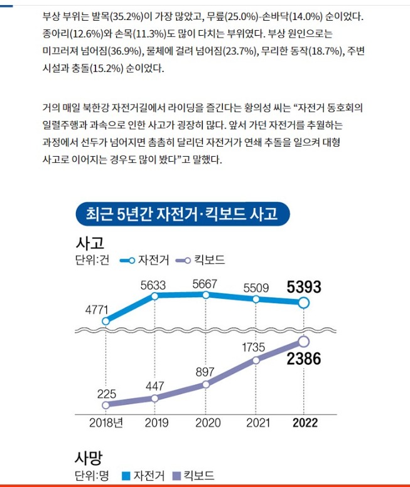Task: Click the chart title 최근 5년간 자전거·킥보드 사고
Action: (x=182, y=214)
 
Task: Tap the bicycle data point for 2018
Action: (x=105, y=321)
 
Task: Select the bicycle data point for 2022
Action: (x=304, y=303)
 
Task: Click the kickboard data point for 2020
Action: (x=205, y=384)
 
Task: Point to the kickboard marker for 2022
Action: (x=304, y=342)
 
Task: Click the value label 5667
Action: (x=205, y=284)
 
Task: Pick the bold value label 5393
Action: (x=304, y=286)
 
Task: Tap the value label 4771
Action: (x=97, y=310)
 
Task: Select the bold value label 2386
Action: (x=304, y=359)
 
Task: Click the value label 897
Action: (x=205, y=372)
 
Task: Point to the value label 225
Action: (x=106, y=394)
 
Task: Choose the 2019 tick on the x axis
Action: (x=156, y=422)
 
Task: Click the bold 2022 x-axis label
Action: (x=305, y=422)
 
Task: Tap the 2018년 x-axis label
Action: (x=106, y=422)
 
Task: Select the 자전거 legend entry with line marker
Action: (x=144, y=260)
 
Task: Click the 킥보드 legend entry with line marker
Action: (x=200, y=260)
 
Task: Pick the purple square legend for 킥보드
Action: (x=177, y=476)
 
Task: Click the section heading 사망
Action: (x=89, y=458)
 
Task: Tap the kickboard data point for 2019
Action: (x=154, y=398)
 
